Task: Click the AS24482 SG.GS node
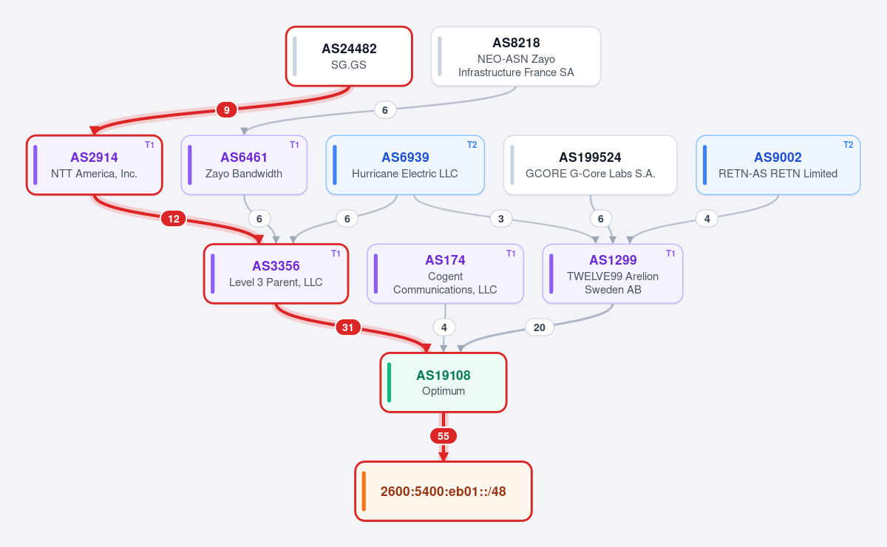point(349,56)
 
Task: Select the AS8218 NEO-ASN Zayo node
point(516,56)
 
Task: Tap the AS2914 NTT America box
point(95,165)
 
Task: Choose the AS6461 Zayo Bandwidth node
point(244,165)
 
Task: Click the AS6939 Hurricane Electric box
point(405,165)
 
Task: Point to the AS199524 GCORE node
point(590,165)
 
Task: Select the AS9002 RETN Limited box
point(778,165)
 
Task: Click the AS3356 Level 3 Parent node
point(276,273)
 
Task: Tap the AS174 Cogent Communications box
point(445,273)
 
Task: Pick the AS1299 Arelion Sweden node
point(613,273)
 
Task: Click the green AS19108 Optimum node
point(443,382)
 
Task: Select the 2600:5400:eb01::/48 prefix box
point(443,491)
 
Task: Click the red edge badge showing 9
point(226,109)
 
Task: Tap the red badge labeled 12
point(174,219)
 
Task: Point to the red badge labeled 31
point(347,327)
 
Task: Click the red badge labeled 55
point(443,436)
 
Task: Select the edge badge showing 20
point(540,327)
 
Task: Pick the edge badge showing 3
point(501,219)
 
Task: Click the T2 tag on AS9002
point(849,145)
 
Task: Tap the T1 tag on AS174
point(511,254)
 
